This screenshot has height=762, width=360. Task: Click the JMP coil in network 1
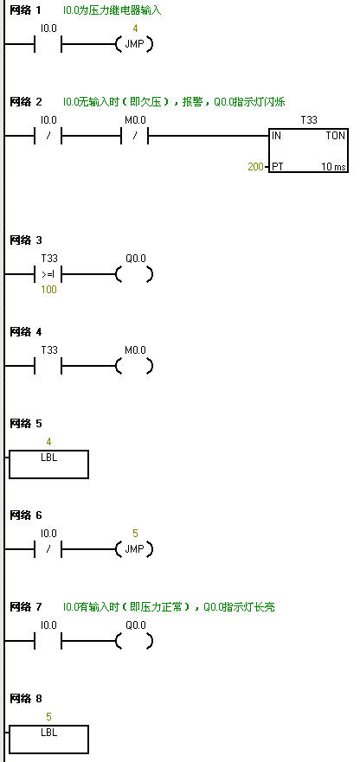click(135, 45)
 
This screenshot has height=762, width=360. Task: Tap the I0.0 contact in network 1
click(48, 45)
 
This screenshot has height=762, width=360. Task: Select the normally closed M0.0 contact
click(135, 137)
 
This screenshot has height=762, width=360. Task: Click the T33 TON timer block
click(308, 150)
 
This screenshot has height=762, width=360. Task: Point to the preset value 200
click(254, 166)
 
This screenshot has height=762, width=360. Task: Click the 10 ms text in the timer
click(334, 166)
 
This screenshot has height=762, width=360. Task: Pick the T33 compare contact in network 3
click(48, 274)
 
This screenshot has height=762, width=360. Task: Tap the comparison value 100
click(48, 290)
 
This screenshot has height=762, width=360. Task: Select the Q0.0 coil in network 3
click(135, 274)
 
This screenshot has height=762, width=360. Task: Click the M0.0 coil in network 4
click(135, 366)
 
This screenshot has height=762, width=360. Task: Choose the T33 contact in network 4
click(48, 366)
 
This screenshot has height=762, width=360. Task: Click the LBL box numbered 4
click(48, 464)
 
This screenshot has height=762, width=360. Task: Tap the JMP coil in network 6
click(135, 549)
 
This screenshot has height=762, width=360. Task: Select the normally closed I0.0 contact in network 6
click(48, 549)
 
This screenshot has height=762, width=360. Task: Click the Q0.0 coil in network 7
click(135, 641)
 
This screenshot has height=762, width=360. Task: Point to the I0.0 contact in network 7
click(48, 641)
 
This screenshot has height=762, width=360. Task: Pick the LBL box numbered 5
click(48, 740)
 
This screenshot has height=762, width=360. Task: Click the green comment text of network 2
click(174, 102)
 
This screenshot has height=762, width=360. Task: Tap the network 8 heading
click(26, 699)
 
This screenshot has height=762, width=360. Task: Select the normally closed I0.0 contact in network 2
click(48, 137)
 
